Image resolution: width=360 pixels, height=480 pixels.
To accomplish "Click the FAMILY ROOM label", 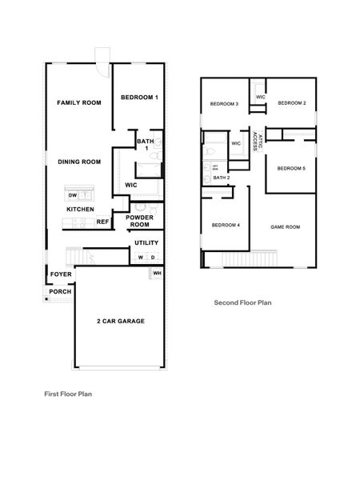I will [x=78, y=103].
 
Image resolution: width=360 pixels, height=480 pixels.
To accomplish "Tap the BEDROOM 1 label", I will [x=139, y=98].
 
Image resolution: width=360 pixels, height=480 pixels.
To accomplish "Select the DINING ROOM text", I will [x=78, y=162].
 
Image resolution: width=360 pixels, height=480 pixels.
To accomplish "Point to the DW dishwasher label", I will [x=72, y=195].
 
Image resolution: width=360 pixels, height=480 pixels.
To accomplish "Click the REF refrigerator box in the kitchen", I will [x=102, y=222].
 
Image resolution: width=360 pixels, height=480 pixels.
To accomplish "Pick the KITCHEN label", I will [x=80, y=210].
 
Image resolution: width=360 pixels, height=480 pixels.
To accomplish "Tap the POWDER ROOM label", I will [x=140, y=222].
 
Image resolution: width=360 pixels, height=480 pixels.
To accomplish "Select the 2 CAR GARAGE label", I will [x=120, y=321].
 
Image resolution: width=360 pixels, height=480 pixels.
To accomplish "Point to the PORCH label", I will [x=60, y=291].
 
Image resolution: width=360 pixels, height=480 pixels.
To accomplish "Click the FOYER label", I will [x=62, y=274].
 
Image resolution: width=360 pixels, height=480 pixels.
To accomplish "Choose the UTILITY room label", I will [x=146, y=242].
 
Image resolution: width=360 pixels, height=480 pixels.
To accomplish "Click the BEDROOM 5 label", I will [x=290, y=168].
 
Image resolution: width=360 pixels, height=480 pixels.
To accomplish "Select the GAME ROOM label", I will [x=285, y=227].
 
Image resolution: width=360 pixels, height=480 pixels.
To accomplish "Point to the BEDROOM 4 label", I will [x=226, y=226].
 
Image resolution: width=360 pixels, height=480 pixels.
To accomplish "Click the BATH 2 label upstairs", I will [x=222, y=178].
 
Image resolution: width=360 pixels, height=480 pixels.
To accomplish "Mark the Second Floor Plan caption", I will [x=242, y=303].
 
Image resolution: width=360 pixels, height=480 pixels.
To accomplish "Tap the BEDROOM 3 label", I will [x=224, y=104].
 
